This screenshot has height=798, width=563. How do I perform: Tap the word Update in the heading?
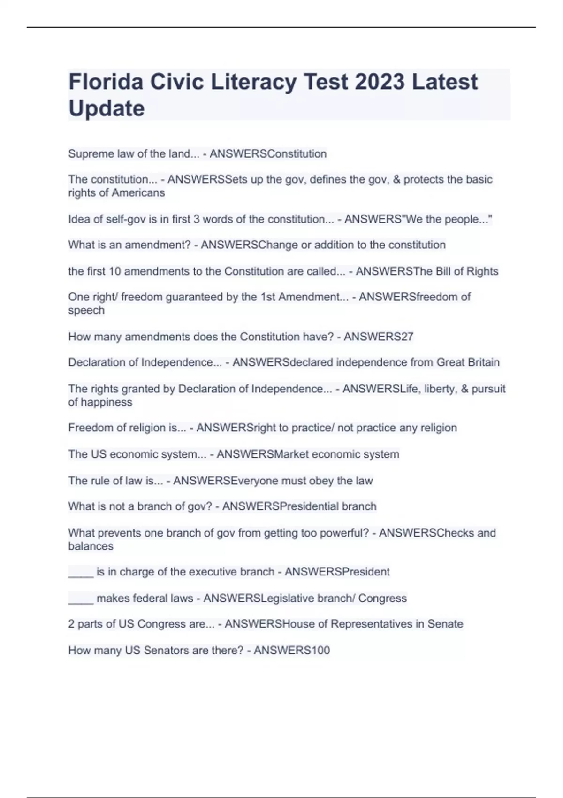tap(107, 108)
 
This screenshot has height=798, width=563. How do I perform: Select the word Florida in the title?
tap(106, 82)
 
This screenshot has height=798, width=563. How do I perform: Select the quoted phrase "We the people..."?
tap(449, 219)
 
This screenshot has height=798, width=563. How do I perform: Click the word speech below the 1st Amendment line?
tap(86, 310)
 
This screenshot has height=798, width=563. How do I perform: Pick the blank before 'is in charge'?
tap(81, 572)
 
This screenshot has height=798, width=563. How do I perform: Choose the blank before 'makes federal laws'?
tap(81, 598)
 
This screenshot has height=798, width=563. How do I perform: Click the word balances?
tap(91, 546)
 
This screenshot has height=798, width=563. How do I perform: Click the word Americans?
tap(138, 193)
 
